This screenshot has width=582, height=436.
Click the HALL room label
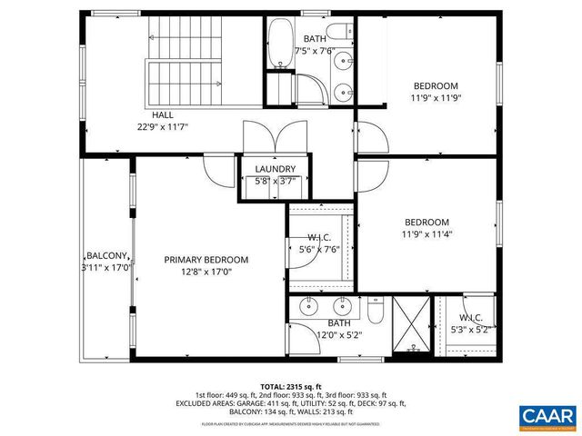click(x=163, y=115)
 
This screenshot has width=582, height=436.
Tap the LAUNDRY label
click(x=275, y=169)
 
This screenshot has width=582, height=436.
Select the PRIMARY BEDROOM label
click(x=206, y=260)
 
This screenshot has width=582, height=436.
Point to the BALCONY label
click(x=107, y=256)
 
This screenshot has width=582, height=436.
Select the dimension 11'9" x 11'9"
click(x=436, y=98)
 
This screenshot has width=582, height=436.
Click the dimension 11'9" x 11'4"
click(x=426, y=234)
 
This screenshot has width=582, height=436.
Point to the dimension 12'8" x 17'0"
click(x=206, y=272)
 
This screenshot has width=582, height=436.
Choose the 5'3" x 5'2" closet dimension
click(x=470, y=330)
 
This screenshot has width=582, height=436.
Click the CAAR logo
click(x=547, y=417)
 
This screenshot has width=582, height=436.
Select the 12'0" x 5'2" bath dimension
click(x=339, y=335)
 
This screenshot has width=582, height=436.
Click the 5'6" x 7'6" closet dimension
click(x=318, y=249)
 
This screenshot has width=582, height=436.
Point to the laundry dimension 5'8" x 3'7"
click(x=275, y=182)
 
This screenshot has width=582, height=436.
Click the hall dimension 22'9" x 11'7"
click(x=163, y=127)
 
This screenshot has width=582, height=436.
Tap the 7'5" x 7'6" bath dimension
click(x=316, y=51)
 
